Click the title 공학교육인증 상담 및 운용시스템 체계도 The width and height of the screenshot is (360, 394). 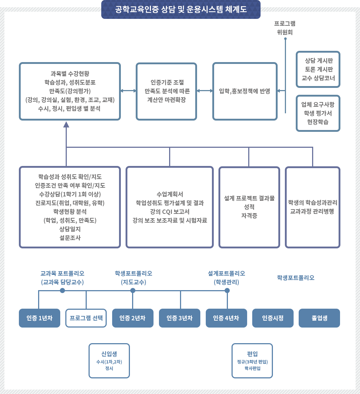click(181, 9)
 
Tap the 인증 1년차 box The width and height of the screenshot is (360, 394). click(39, 318)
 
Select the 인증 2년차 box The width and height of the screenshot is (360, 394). click(132, 318)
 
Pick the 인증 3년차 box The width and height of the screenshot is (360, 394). click(179, 318)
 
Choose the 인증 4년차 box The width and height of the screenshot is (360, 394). click(226, 318)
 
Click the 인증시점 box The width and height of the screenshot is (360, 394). click(273, 318)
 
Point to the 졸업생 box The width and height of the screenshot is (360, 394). click(319, 318)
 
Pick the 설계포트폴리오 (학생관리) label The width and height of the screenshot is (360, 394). click(226, 277)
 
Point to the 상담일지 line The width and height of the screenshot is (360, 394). click(72, 229)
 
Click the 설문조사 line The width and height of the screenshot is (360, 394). click(72, 237)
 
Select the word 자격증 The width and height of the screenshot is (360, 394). click(249, 215)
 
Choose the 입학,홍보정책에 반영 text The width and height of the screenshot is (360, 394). click(245, 91)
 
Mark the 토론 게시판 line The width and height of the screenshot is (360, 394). click(318, 69)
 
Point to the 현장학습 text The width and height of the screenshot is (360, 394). click(318, 122)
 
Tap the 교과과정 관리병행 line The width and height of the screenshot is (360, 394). click(312, 211)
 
